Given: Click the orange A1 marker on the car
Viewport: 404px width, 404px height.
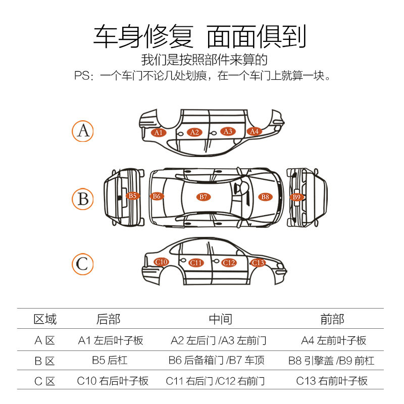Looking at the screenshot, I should (159, 132).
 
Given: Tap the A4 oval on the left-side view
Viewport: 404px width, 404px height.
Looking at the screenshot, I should (254, 131).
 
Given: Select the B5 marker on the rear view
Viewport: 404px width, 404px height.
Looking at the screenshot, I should (132, 195).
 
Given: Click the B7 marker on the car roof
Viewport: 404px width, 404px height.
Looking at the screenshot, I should (203, 196).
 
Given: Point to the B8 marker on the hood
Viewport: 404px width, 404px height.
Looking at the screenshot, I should (265, 196).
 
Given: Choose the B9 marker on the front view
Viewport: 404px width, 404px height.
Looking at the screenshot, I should (296, 197).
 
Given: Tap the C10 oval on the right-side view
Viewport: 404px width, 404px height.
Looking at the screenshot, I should (161, 262).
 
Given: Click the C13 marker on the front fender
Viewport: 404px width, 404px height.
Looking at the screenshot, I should (258, 263).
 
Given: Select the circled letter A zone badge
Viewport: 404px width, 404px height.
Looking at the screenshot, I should (83, 131).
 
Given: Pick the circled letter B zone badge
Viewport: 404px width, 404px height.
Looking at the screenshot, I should (83, 198).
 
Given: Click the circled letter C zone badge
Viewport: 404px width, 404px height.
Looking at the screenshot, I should (82, 264).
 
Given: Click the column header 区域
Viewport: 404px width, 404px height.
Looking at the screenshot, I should (45, 319).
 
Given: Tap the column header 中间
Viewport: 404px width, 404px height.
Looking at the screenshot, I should (220, 319).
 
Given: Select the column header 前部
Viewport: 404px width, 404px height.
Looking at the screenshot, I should (332, 319).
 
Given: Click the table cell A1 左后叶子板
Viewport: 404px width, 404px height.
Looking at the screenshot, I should (111, 340).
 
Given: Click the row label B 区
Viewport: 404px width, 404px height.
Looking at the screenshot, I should (44, 361).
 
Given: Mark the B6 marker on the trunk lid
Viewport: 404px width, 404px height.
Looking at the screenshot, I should (157, 196).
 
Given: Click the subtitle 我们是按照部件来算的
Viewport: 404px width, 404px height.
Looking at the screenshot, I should (204, 60).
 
